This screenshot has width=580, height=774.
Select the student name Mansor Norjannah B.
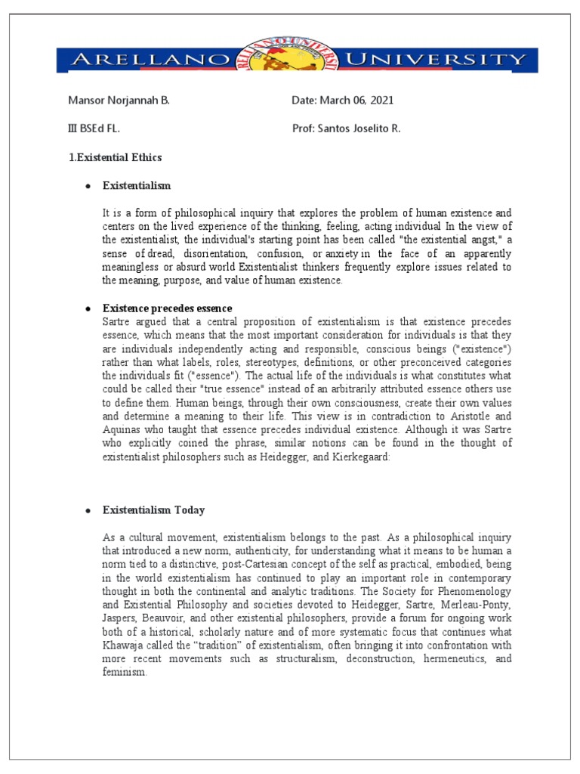coord(119,101)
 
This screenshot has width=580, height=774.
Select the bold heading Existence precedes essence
coord(168,308)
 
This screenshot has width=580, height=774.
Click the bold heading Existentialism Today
coord(154,510)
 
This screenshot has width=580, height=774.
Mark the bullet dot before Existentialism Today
coord(88,511)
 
